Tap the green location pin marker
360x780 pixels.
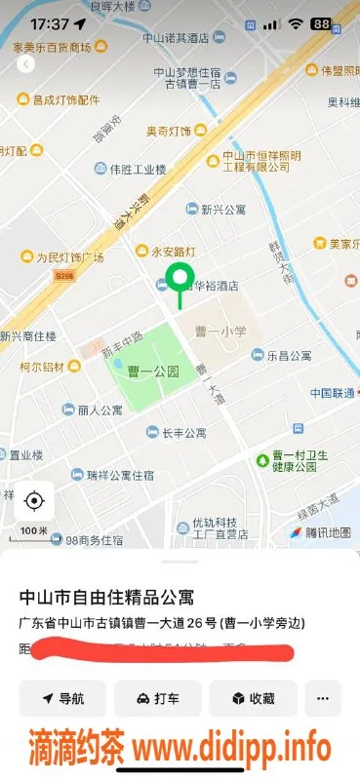tap(179, 279)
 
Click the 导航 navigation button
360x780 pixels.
tap(62, 698)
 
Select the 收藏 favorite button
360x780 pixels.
tap(253, 698)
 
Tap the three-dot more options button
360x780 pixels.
tap(323, 698)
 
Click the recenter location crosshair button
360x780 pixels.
tap(34, 501)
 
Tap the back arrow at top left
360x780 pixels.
tap(25, 63)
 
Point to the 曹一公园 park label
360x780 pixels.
tap(153, 370)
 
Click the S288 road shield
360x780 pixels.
tap(63, 277)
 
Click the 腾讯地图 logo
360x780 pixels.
tap(319, 532)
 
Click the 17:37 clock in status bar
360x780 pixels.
tap(50, 22)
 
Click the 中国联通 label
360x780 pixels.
tap(333, 393)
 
